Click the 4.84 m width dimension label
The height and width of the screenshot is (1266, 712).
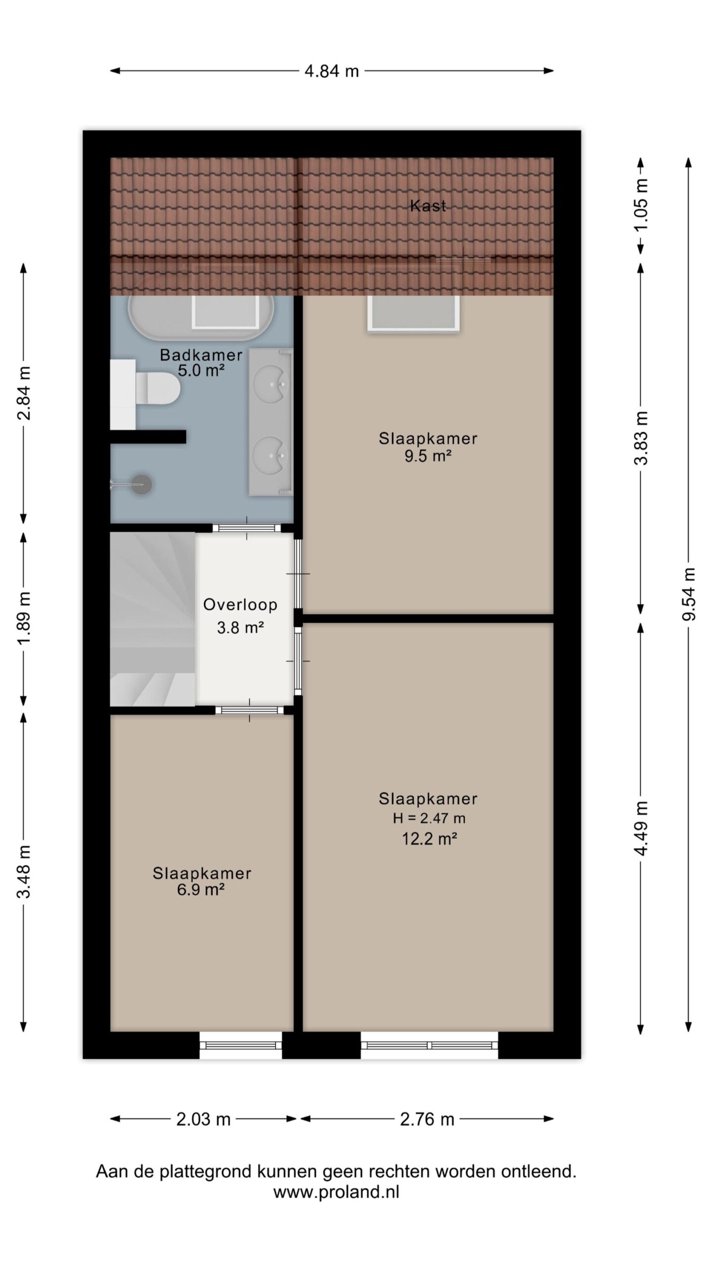[331, 71]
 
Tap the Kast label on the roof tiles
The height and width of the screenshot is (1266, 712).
[428, 206]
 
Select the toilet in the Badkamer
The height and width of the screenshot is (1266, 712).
[157, 388]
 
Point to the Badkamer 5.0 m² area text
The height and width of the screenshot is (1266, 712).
[201, 370]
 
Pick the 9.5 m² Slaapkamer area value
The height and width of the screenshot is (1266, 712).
[428, 455]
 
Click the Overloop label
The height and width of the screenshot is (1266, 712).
[240, 604]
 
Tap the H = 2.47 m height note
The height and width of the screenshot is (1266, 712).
[429, 818]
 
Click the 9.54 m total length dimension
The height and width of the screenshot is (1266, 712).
[689, 593]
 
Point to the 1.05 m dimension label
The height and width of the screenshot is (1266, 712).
[641, 205]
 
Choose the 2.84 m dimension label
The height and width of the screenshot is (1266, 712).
[24, 394]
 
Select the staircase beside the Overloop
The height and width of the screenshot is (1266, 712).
[153, 619]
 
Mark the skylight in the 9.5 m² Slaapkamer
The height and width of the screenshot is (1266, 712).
[414, 313]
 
